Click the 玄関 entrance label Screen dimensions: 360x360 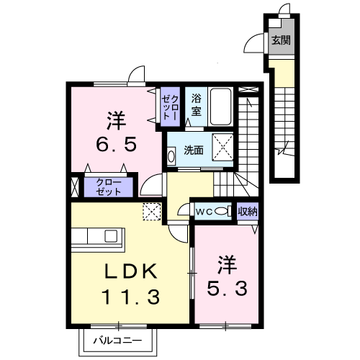[281, 40]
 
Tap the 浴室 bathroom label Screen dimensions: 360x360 [197, 105]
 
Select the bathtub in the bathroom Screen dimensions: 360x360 [221, 107]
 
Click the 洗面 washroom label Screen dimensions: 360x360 [194, 150]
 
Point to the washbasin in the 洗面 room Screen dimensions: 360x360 [171, 156]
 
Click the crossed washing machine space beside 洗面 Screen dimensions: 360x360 [222, 147]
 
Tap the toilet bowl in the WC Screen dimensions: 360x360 [221, 212]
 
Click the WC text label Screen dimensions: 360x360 [204, 212]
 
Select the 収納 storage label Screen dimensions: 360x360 [248, 212]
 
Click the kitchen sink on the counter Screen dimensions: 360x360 [111, 236]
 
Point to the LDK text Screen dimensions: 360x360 [131, 271]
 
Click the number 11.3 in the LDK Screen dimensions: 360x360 [131, 297]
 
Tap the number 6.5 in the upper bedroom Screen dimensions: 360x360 [117, 144]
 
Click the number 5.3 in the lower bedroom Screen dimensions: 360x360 [227, 288]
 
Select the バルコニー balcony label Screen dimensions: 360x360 [117, 341]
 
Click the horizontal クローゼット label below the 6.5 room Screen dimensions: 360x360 [109, 187]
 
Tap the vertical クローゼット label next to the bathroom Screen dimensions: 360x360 [170, 107]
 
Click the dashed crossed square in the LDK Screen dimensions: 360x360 [152, 212]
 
